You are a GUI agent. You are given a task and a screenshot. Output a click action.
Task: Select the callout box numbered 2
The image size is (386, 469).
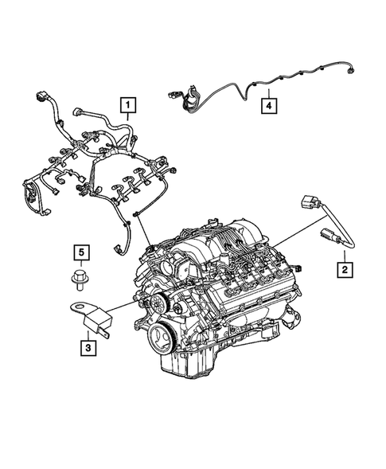344,271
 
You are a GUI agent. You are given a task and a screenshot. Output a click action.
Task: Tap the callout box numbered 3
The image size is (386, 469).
86,346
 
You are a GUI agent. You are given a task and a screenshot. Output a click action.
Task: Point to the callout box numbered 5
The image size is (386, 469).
80,253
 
